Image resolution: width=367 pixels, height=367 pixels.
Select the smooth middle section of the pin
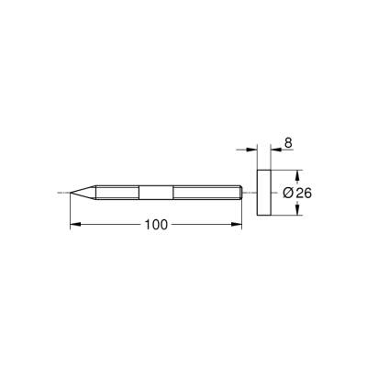[x=154, y=193]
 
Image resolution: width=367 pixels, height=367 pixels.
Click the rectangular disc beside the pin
[x=264, y=193]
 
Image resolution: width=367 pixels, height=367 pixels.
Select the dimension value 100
[x=156, y=226]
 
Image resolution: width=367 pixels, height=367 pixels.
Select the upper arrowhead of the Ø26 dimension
[x=299, y=174]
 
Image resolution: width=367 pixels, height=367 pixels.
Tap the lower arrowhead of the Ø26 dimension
[x=299, y=211]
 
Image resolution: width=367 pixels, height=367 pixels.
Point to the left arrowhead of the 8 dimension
[x=251, y=149]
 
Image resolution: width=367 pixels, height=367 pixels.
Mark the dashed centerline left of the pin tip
[x=62, y=193]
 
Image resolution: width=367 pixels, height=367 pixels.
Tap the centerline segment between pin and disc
[x=250, y=193]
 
